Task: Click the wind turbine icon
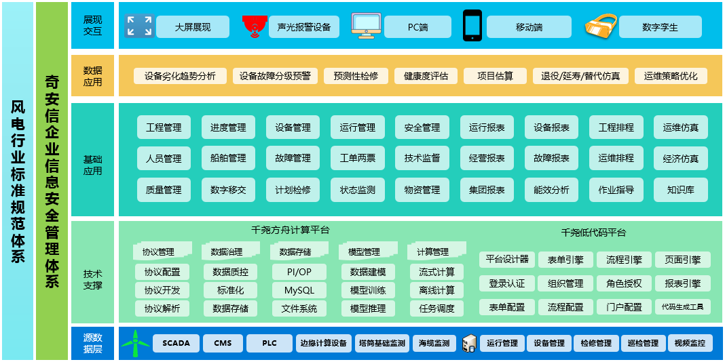[x=136, y=342]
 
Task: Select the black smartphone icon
[x=472, y=25]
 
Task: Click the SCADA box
[x=176, y=343]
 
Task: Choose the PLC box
[x=269, y=343]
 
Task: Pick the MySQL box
[x=299, y=290]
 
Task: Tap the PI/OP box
[x=299, y=271]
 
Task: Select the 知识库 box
[x=681, y=190]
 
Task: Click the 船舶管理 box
[x=228, y=159]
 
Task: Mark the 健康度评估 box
[x=426, y=76]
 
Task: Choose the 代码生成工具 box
[x=682, y=306]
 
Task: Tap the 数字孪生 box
[x=661, y=27]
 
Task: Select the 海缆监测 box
[x=434, y=343]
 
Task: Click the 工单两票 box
[x=358, y=159]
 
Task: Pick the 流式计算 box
[x=437, y=271]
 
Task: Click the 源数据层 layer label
[x=92, y=343]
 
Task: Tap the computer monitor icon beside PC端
[x=366, y=26]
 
